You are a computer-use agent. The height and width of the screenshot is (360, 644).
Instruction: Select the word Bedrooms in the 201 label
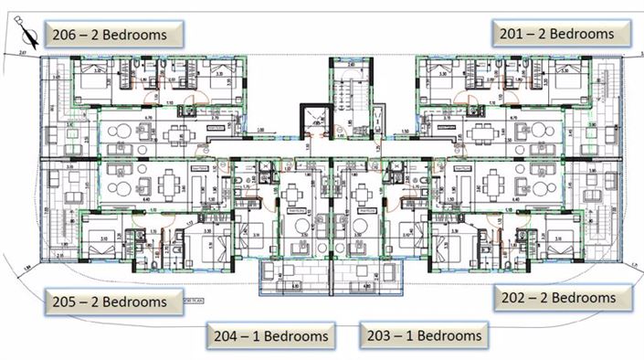[x=585, y=33]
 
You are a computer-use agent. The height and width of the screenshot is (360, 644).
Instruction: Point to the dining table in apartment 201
[x=479, y=134]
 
